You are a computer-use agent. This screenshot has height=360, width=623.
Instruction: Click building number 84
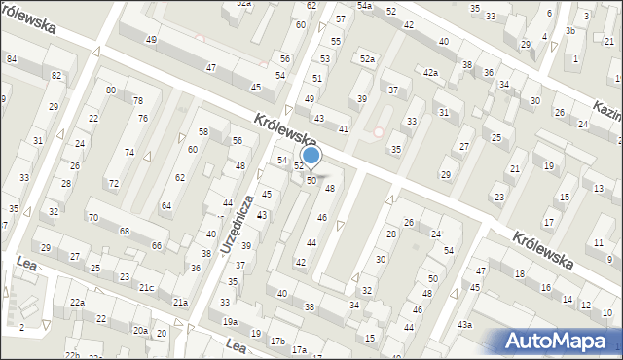pos(12,59)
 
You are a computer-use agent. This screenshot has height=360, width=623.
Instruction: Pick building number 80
pos(111,90)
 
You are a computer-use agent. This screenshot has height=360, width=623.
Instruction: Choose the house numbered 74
pos(129,153)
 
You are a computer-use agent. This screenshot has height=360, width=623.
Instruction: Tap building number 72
pos(113,184)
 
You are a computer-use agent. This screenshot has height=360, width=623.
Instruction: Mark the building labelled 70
pos(93,218)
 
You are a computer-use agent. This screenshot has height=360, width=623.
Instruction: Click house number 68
pos(125,231)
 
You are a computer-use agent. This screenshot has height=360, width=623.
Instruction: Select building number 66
pos(157,246)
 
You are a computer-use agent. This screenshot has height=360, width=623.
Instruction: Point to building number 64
pos(166,205)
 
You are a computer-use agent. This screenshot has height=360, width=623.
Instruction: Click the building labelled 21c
pos(146,287)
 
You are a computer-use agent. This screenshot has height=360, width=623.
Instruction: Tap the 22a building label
pos(76,304)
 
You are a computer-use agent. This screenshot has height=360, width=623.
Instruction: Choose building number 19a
pos(230,321)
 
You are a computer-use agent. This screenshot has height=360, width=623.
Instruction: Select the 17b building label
pos(278,341)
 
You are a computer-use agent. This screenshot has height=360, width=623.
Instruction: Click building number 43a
pos(465,324)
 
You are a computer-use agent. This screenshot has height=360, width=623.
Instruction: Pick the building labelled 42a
pos(430,73)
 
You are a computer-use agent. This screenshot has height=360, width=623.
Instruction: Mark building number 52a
pos(367,60)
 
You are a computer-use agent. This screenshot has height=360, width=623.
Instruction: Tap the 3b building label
pos(570,31)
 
